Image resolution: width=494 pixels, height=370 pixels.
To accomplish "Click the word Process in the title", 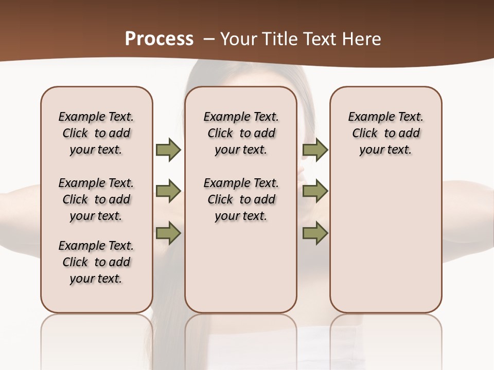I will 159,39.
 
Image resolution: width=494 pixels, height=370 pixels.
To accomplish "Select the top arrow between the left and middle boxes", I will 168,150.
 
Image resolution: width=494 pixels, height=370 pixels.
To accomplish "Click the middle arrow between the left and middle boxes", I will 168,192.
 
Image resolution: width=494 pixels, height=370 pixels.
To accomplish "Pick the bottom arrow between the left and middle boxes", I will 168,234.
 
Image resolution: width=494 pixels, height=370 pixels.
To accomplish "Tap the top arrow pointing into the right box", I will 315,150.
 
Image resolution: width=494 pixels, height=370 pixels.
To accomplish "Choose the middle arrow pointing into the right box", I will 315,192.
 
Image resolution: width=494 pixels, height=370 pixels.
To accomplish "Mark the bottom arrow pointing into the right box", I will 315,234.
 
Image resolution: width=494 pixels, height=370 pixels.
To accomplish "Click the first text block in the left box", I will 96,133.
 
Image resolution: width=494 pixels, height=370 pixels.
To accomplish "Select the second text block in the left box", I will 96,199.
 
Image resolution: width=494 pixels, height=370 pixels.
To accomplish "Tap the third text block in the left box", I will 96,262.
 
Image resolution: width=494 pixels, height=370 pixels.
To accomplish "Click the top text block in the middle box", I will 241,133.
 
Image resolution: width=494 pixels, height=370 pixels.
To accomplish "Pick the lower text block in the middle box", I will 241,199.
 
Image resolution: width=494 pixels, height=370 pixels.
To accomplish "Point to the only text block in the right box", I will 385,133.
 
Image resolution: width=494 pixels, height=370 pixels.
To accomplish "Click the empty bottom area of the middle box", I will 241,272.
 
